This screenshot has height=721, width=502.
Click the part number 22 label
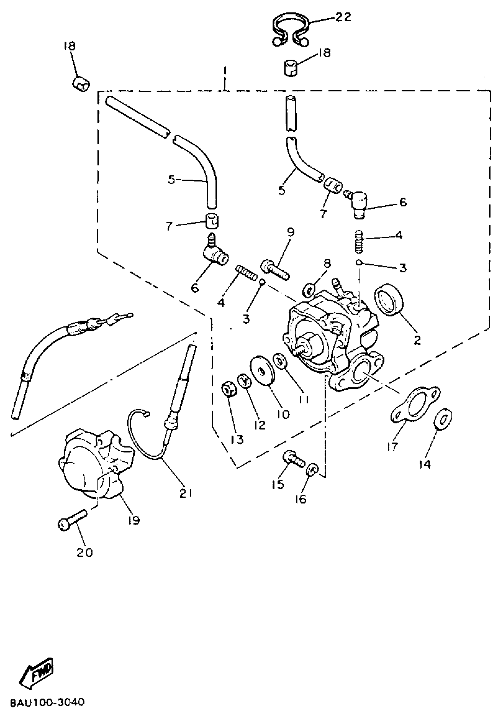tap(343, 17)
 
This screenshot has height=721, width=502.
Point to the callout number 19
tap(134, 520)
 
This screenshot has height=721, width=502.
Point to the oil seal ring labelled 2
tap(389, 299)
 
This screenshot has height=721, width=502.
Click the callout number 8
tap(327, 263)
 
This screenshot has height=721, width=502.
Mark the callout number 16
tap(301, 499)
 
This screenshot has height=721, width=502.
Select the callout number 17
tap(392, 446)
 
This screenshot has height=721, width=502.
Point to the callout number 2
tap(417, 340)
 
